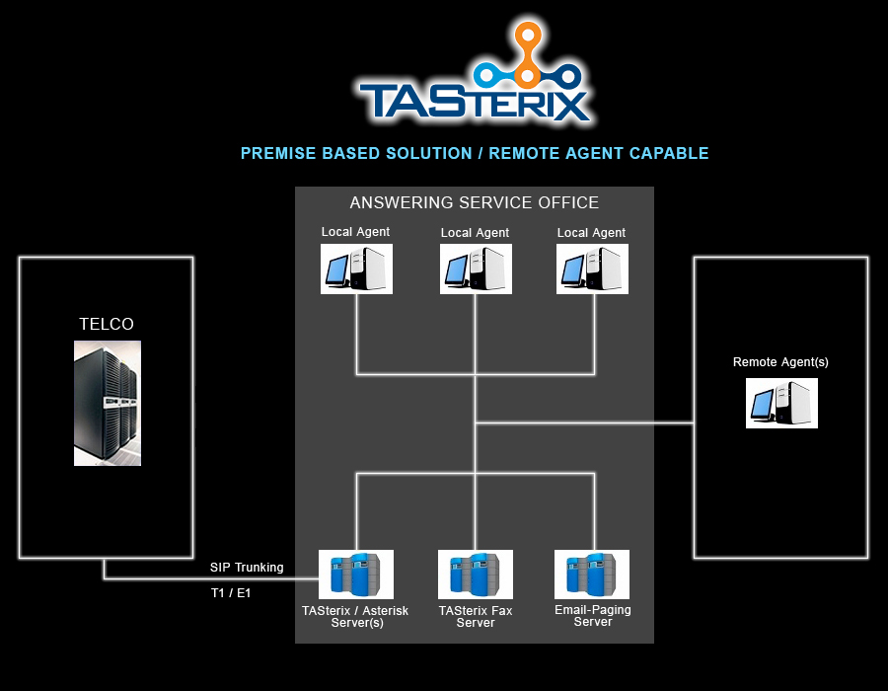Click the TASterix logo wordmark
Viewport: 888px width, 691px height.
(474, 101)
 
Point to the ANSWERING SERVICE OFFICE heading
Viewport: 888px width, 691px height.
(474, 203)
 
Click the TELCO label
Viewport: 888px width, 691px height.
(107, 324)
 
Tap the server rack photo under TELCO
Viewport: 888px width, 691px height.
(107, 403)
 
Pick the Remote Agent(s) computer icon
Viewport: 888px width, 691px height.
(781, 403)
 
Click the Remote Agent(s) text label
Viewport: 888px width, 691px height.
(780, 362)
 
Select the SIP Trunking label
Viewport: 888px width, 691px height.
(247, 568)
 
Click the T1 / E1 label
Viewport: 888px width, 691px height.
(231, 593)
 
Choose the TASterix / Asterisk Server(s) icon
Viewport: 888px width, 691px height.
(356, 575)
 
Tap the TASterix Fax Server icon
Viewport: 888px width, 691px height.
(475, 575)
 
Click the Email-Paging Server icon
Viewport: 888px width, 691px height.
(592, 575)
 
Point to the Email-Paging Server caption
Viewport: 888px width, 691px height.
(593, 616)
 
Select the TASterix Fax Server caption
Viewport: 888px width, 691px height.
(476, 617)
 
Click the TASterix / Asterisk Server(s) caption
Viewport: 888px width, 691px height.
(355, 617)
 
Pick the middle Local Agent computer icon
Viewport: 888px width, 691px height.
(476, 269)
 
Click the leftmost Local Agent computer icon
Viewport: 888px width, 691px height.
(356, 269)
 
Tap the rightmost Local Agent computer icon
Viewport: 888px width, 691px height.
(592, 269)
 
